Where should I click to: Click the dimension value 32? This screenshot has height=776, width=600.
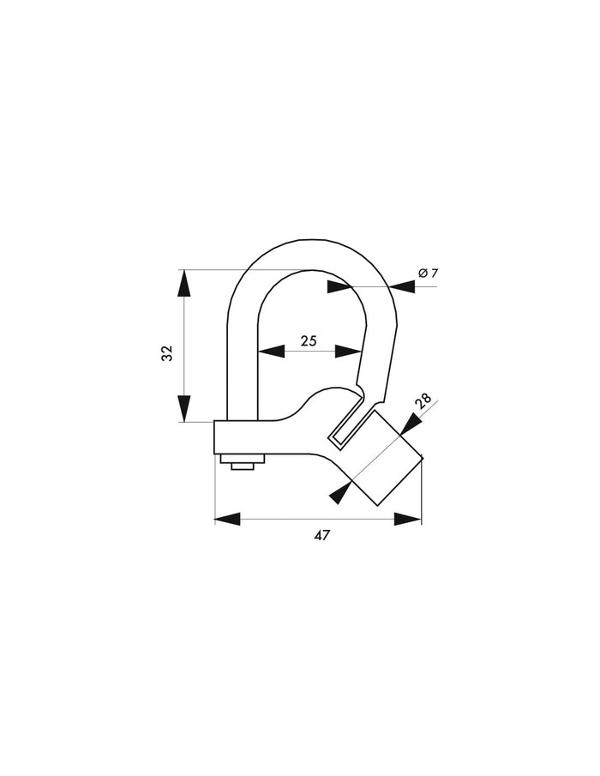pyautogui.click(x=168, y=352)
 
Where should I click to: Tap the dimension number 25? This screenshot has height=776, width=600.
pyautogui.click(x=309, y=340)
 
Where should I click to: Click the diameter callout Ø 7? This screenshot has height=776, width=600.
pyautogui.click(x=429, y=273)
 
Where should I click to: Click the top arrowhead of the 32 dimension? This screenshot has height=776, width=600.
pyautogui.click(x=184, y=283)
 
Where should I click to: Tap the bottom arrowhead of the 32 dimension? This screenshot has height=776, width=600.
pyautogui.click(x=184, y=408)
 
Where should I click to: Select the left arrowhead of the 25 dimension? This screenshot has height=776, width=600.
pyautogui.click(x=272, y=351)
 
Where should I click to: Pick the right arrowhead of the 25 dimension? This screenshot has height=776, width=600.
pyautogui.click(x=347, y=351)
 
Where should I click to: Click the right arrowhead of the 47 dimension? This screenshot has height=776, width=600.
pyautogui.click(x=408, y=519)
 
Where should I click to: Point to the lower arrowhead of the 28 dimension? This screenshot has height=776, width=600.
pyautogui.click(x=340, y=493)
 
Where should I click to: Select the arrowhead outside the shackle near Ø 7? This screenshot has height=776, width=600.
pyautogui.click(x=401, y=286)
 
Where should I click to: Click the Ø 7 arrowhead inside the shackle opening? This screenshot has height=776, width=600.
pyautogui.click(x=339, y=285)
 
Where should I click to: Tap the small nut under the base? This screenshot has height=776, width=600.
pyautogui.click(x=243, y=465)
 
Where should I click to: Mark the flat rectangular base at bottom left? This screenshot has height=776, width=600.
pyautogui.click(x=249, y=437)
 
